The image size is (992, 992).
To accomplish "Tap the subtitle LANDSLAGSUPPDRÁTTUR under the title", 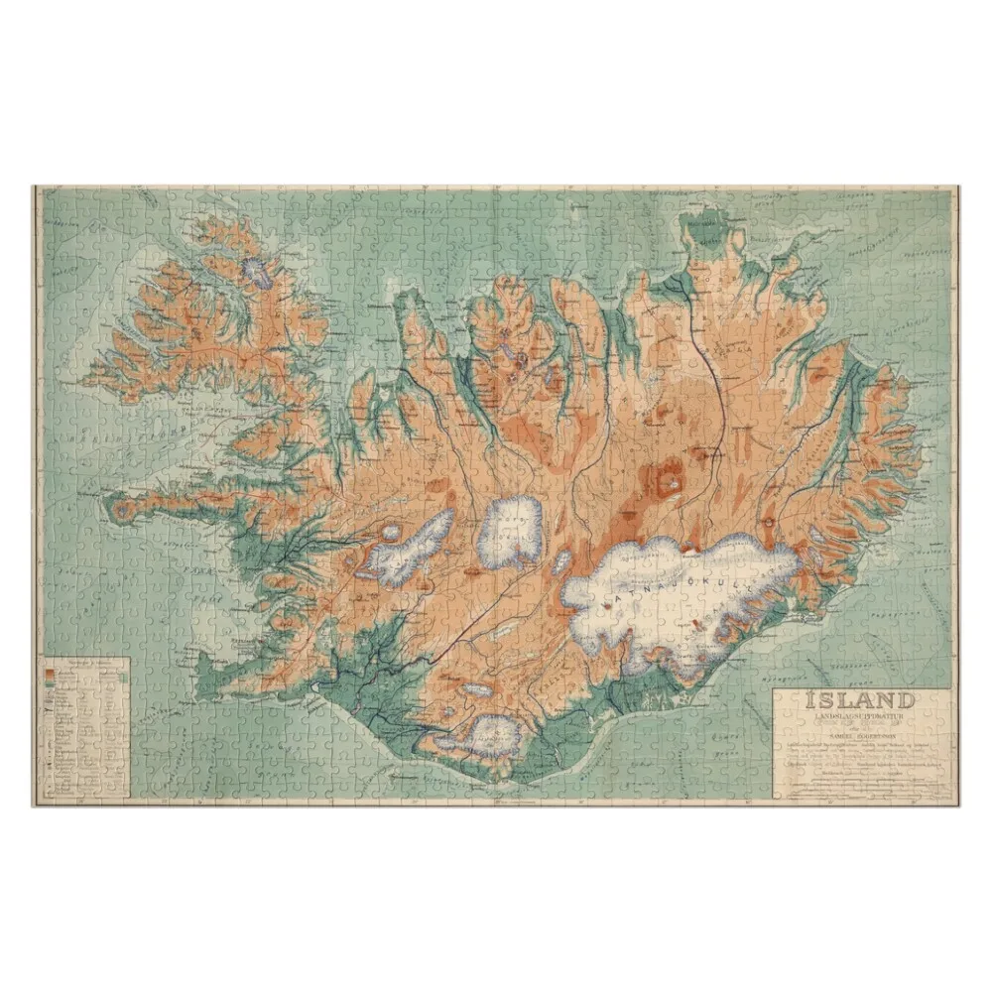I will [x=860, y=716].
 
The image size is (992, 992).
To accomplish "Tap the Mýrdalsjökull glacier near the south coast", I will [x=493, y=735].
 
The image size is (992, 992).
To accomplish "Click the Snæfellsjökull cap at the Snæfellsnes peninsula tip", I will [x=122, y=510].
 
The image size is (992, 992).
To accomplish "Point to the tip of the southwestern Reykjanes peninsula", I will [x=202, y=683].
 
